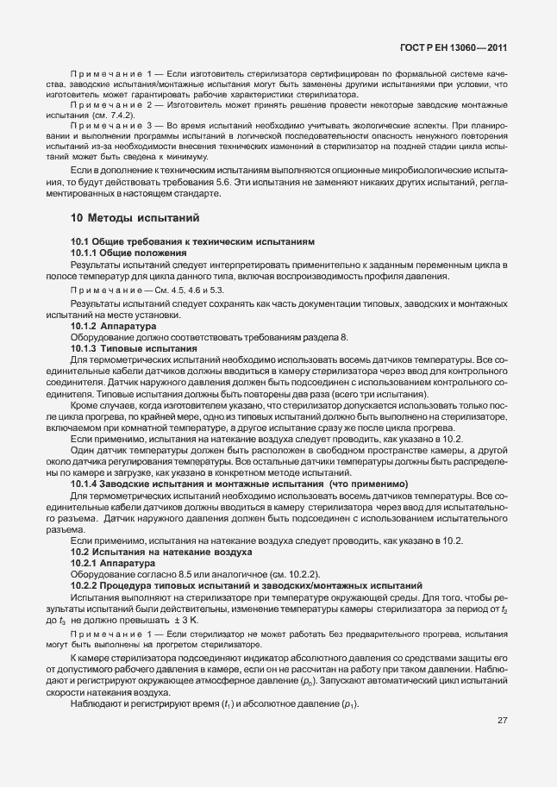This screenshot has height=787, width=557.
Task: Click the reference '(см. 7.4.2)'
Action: [115, 114]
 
